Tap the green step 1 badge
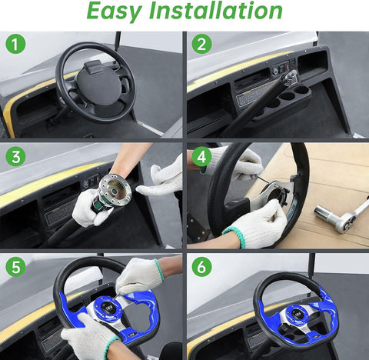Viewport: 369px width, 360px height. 15,44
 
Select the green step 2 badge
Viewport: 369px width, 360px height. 201,44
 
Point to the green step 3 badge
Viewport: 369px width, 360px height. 15,157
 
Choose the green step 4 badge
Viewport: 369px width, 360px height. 201,157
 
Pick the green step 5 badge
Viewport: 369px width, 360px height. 15,269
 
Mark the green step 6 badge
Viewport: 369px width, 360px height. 201,269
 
